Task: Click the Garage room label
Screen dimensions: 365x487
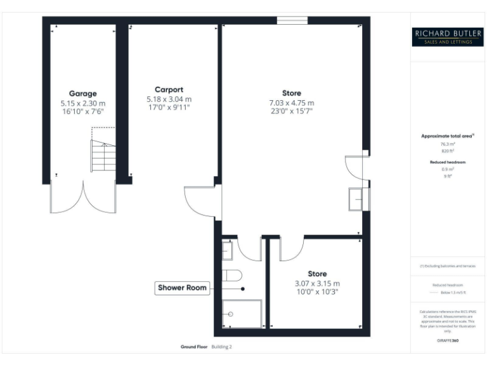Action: (82, 93)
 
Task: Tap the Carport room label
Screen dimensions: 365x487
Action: (169, 89)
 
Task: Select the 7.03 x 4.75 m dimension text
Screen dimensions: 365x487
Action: (292, 103)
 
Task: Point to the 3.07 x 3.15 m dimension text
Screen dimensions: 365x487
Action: (317, 283)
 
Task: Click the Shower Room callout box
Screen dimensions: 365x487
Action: (183, 288)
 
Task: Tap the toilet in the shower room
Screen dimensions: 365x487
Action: (232, 276)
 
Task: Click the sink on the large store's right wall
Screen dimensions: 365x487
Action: (358, 200)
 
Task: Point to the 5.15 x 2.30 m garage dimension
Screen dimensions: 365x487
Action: (82, 103)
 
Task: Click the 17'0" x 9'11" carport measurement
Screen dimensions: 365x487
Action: (169, 108)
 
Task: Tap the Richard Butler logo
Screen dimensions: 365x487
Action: (448, 36)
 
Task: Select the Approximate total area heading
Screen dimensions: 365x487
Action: (448, 136)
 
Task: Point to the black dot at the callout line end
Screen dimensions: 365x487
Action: (243, 288)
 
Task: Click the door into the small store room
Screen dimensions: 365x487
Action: (291, 249)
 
